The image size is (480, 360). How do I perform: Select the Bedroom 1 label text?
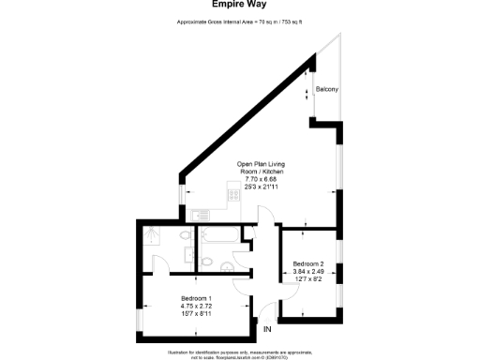pyautogui.click(x=196, y=296)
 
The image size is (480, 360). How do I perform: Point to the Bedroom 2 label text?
pyautogui.click(x=308, y=263)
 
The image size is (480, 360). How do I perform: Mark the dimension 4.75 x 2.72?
pyautogui.click(x=196, y=305)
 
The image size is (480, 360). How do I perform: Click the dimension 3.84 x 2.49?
pyautogui.click(x=308, y=271)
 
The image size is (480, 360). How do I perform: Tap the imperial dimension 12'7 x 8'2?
pyautogui.click(x=308, y=278)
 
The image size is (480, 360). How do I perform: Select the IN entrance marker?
pyautogui.click(x=267, y=329)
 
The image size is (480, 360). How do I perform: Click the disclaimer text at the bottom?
pyautogui.click(x=241, y=353)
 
